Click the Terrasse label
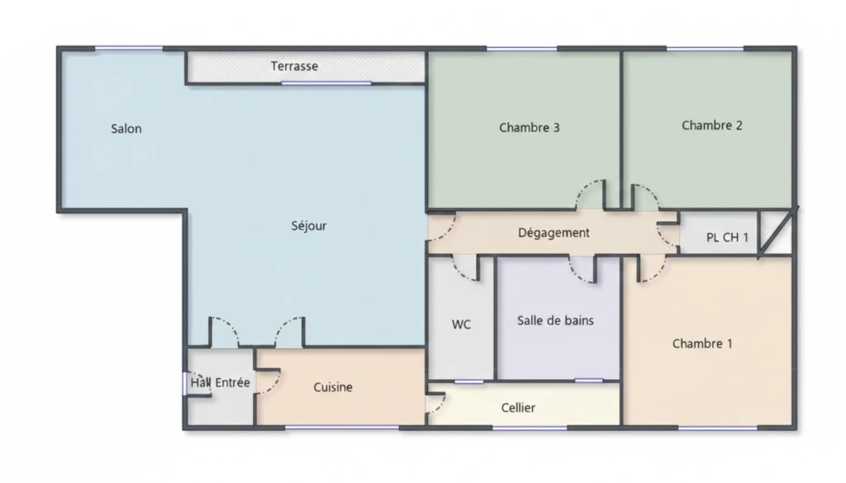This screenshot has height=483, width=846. [x=294, y=66]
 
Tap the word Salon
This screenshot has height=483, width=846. [x=126, y=129]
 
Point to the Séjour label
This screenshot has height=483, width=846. [x=309, y=226]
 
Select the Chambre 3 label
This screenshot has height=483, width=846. [x=530, y=128]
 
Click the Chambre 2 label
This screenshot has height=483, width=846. [x=711, y=125]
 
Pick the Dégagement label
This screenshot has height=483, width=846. [x=554, y=233]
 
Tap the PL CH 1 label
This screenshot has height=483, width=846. [x=727, y=237]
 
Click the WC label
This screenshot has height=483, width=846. [x=461, y=324]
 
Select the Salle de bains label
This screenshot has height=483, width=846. [x=555, y=320]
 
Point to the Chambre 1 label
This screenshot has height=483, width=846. [x=702, y=344]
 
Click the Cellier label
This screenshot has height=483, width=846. [x=518, y=408]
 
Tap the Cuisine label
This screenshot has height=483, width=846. [x=333, y=387]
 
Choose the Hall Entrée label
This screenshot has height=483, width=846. [x=220, y=383]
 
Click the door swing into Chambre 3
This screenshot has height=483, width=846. [x=590, y=194]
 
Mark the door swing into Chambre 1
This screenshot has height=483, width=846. [x=652, y=269]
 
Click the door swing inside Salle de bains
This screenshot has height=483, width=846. [x=582, y=269]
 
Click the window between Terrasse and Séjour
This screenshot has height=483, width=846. [x=326, y=83]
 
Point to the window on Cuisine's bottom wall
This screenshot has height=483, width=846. [x=342, y=428]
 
